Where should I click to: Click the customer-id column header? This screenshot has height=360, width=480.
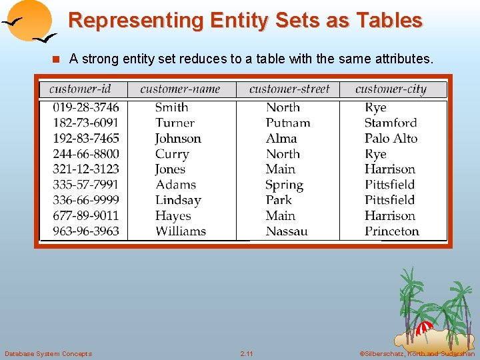[80, 89]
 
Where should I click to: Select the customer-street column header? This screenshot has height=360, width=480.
[289, 89]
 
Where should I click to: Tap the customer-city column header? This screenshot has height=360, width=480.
[391, 89]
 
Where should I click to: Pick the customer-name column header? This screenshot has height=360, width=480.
[180, 89]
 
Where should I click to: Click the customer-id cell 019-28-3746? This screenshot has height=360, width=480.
[86, 107]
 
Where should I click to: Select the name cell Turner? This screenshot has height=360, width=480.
[175, 123]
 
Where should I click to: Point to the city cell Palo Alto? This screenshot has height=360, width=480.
[391, 139]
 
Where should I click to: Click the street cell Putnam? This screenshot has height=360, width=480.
[288, 123]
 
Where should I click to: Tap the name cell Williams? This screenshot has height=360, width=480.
[181, 231]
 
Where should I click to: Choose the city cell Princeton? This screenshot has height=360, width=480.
[392, 231]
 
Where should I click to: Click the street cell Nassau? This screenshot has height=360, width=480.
[287, 231]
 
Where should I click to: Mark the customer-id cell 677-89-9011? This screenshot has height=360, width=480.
[86, 216]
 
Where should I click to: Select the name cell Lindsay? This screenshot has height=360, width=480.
[178, 200]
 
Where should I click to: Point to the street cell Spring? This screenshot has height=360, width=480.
[284, 185]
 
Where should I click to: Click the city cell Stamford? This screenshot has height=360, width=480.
[391, 123]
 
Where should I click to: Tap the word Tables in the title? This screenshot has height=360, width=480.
[389, 21]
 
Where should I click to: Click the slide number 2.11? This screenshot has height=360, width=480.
[247, 353]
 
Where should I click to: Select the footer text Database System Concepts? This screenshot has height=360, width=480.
[48, 353]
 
